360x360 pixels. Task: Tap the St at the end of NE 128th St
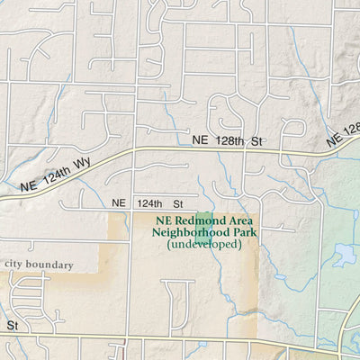tap(256, 141)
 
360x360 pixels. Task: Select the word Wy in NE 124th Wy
tap(78, 163)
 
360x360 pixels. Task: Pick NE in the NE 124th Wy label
tap(28, 185)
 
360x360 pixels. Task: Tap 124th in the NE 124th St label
tap(149, 204)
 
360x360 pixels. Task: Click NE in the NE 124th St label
tap(119, 204)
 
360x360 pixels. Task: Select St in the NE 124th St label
tap(177, 204)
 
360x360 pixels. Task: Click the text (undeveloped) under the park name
tap(204, 244)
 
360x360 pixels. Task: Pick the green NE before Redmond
tap(163, 220)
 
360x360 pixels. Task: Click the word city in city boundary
tap(17, 264)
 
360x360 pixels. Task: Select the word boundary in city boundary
tap(53, 264)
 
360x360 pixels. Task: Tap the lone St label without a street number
tap(13, 324)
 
